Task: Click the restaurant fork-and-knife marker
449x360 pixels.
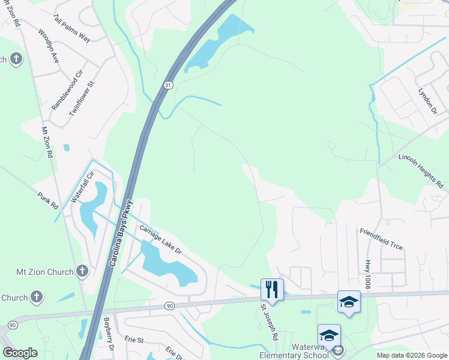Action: tap(272, 289)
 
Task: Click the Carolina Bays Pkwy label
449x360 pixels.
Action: tap(121, 233)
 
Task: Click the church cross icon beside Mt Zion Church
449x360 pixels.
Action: tap(82, 272)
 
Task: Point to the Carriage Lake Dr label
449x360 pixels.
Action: tap(160, 239)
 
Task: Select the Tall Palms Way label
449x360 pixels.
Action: tap(71, 29)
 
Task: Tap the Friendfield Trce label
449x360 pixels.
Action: tap(381, 239)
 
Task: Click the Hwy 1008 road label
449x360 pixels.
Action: tap(367, 274)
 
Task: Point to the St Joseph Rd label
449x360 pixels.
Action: tap(268, 322)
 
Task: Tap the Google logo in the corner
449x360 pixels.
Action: tap(20, 353)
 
